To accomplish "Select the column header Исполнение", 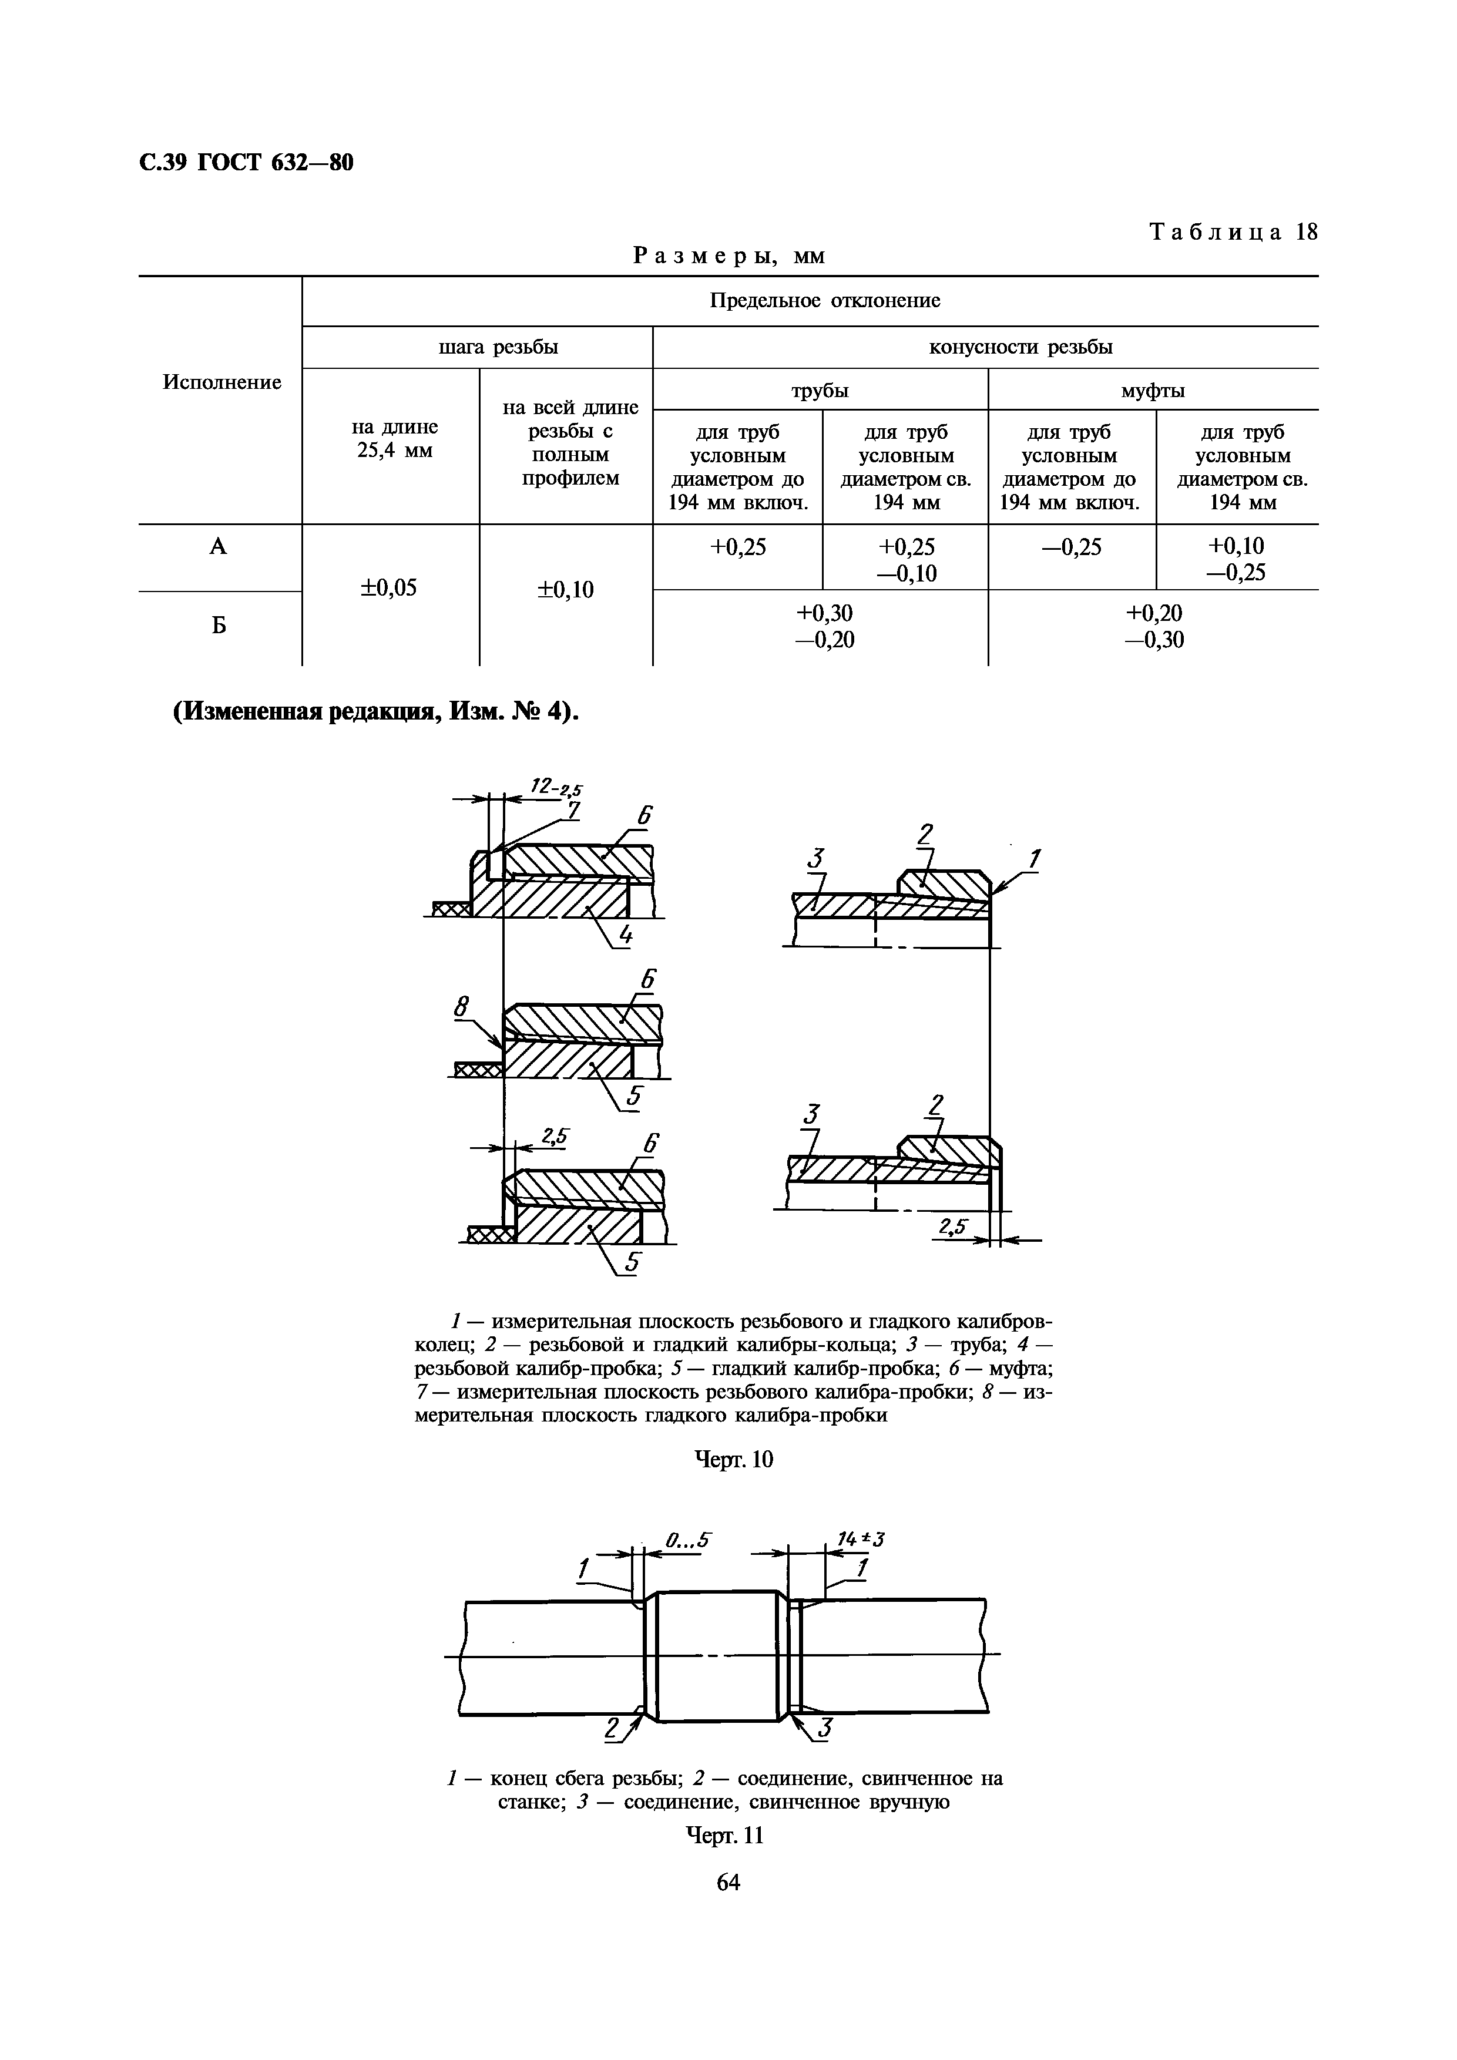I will click(x=221, y=382).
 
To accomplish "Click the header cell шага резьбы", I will click(x=498, y=347).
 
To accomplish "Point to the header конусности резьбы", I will click(x=1020, y=347).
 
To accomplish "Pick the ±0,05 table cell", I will click(x=388, y=587).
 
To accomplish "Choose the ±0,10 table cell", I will click(x=565, y=590).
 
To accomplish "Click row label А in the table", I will click(x=218, y=546).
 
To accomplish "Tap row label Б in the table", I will click(x=218, y=626).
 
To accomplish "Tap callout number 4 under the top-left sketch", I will click(x=625, y=936).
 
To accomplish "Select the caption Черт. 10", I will click(x=734, y=1460).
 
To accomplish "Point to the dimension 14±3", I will click(x=860, y=1540).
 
